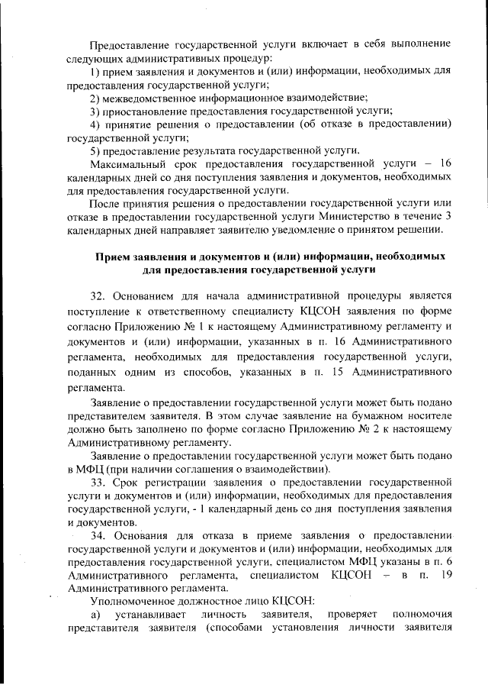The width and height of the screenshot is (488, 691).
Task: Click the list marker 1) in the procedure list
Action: click(95, 71)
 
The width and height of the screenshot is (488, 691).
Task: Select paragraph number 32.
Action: click(98, 295)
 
